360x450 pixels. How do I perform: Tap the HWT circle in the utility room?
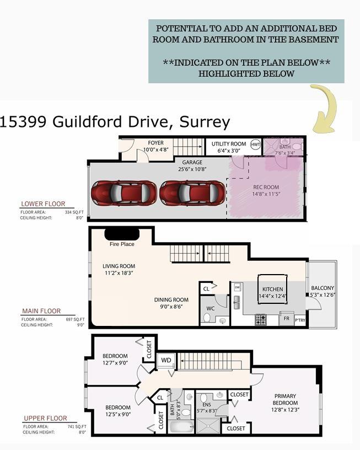click(x=255, y=144)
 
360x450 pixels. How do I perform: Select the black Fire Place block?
click(x=121, y=234)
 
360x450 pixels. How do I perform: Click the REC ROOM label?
click(x=266, y=187)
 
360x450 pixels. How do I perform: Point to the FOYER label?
click(x=155, y=143)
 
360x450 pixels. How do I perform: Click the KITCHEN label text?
click(x=272, y=290)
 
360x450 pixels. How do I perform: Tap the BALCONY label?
click(x=323, y=288)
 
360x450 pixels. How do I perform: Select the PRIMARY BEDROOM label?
click(x=284, y=396)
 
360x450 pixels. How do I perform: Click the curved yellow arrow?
click(x=325, y=109)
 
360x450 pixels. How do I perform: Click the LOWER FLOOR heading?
click(x=43, y=204)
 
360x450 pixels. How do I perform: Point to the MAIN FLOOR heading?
click(x=41, y=311)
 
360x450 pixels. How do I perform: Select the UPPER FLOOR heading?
click(x=45, y=419)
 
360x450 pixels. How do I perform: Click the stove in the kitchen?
click(x=261, y=319)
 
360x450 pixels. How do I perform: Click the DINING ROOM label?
click(x=171, y=300)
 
